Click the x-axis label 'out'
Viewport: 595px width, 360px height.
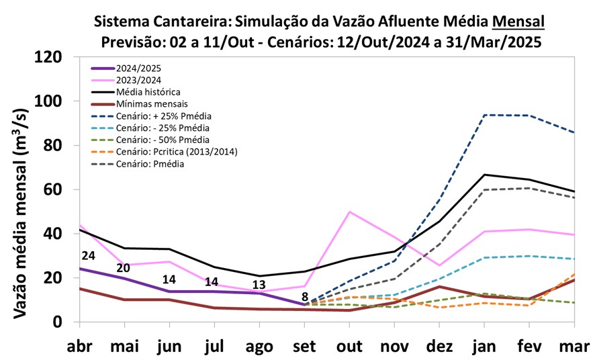349,347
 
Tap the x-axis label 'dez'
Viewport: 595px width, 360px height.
439,347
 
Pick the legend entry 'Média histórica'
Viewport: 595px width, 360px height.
148,91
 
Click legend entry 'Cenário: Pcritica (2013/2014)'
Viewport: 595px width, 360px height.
176,151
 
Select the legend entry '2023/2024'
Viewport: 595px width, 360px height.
138,80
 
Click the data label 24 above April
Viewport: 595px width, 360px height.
88,255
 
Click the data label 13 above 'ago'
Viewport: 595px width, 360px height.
259,284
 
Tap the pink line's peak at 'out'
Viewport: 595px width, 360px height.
349,212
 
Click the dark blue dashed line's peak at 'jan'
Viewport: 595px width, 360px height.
484,115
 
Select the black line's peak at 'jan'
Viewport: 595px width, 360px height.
484,175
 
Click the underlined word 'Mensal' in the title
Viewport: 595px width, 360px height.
518,21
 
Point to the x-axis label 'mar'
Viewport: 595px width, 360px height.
574,347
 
